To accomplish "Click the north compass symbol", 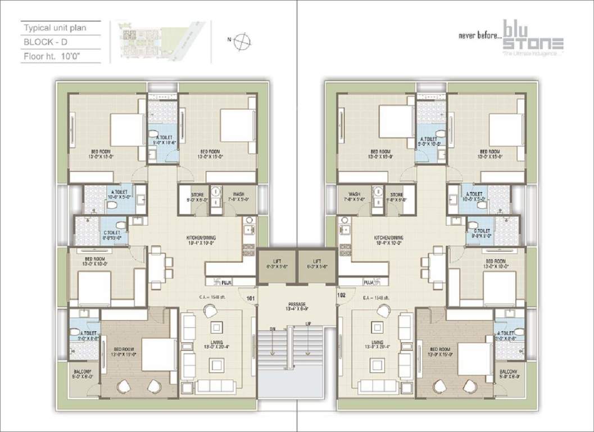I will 242,39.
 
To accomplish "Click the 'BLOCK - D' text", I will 44,42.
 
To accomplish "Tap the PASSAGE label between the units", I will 296,304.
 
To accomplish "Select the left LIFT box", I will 276,263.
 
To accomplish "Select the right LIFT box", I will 317,263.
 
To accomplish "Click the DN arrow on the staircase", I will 273,341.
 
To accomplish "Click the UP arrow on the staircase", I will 308,341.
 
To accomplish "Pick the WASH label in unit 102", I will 354,195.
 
